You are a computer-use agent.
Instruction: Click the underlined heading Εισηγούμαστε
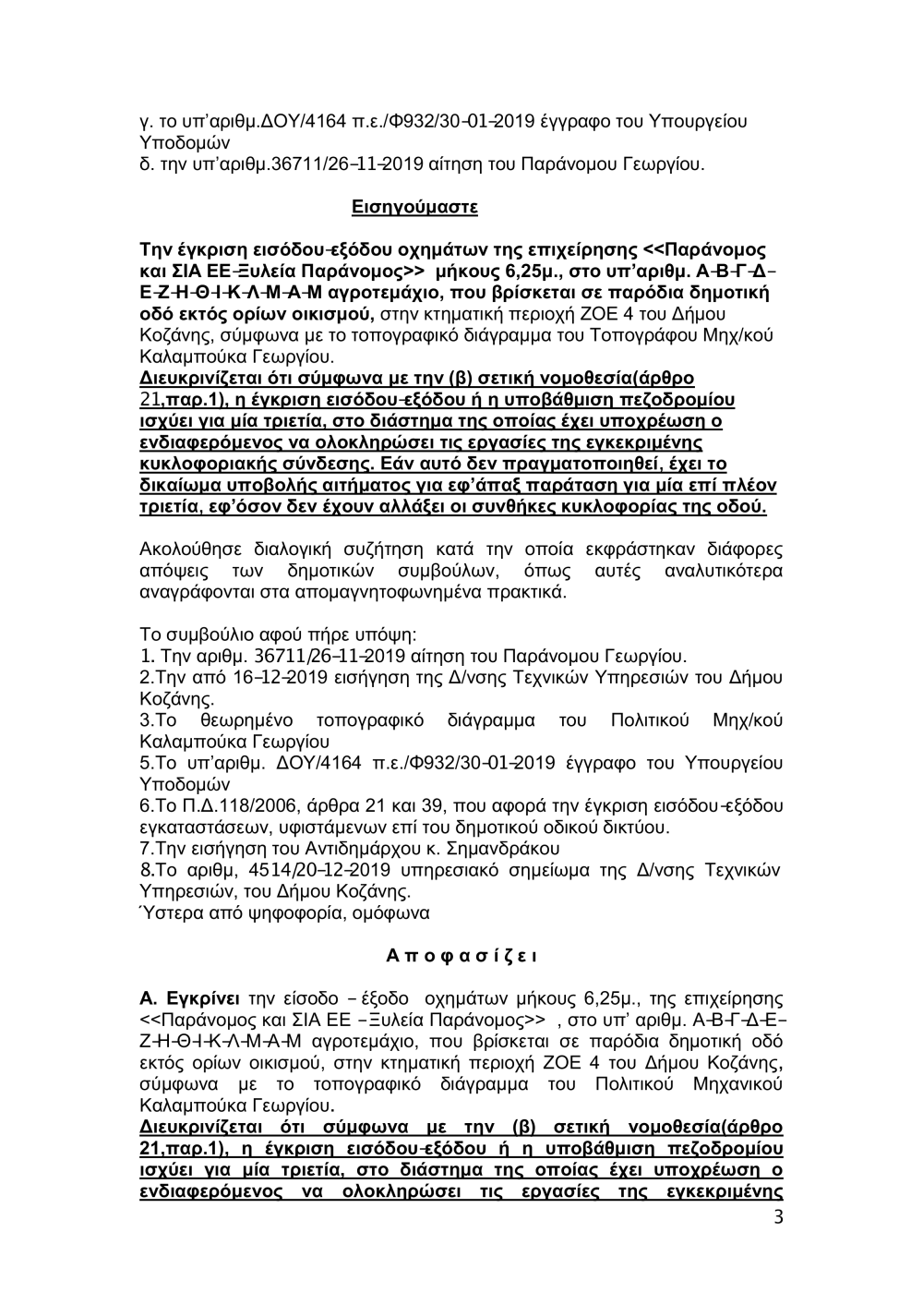414,207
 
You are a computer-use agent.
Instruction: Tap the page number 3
778,1216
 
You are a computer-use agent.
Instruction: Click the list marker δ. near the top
146,166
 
